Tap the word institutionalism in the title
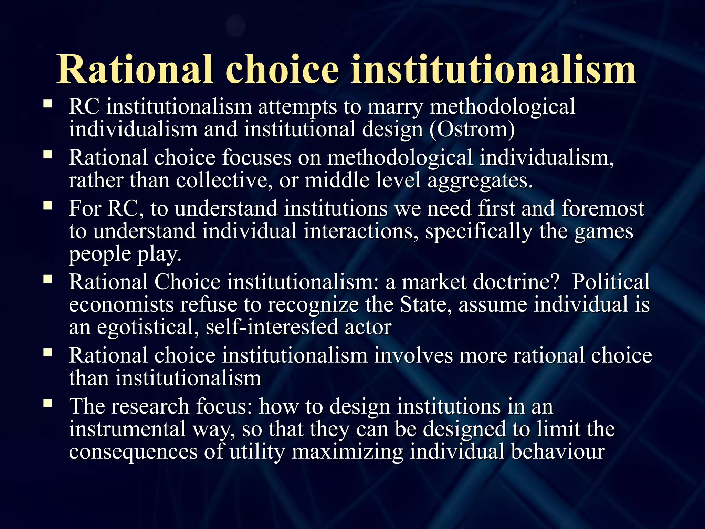coord(493,70)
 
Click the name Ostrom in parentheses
coord(472,129)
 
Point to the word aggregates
coord(480,181)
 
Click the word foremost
coord(602,209)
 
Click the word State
coord(425,305)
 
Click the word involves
coord(413,355)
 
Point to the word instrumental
coord(127,429)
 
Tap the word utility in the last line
coord(257,452)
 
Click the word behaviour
coord(558,452)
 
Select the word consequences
coord(133,452)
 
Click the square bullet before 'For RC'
coord(48,206)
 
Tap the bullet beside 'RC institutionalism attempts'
coord(48,104)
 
